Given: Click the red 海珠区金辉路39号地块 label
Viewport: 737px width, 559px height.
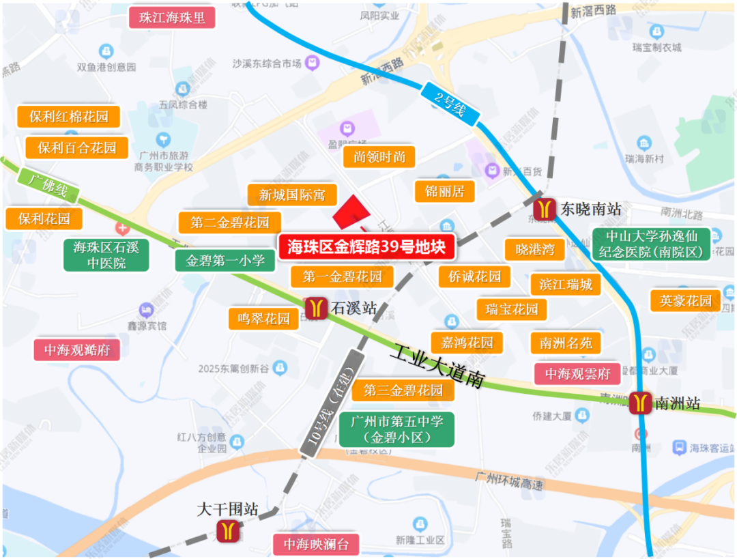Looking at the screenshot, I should click(x=366, y=247).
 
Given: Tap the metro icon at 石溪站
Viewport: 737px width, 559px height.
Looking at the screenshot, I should click(x=316, y=308).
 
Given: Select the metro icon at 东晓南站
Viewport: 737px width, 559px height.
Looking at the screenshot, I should click(x=545, y=208).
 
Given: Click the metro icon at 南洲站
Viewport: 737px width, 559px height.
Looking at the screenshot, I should click(x=641, y=403).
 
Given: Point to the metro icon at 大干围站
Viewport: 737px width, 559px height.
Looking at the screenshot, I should click(x=228, y=530).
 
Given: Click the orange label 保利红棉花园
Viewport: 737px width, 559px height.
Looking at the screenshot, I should click(x=69, y=116).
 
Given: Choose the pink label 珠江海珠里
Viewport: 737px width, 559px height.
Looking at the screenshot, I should click(x=172, y=18).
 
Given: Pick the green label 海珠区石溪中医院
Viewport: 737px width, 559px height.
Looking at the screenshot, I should click(x=106, y=254).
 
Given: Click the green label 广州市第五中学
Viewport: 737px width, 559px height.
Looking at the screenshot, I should click(x=396, y=429).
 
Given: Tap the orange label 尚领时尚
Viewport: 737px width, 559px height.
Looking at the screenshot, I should click(x=379, y=157).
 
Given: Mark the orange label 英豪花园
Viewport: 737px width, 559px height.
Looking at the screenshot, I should click(x=686, y=300).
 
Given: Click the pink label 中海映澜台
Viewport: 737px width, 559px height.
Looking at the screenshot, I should click(x=316, y=545).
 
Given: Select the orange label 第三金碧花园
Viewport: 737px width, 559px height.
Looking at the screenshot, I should click(x=403, y=390).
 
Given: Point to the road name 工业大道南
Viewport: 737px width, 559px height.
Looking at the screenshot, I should click(x=437, y=367).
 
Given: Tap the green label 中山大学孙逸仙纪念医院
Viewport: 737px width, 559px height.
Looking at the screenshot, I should click(x=652, y=244).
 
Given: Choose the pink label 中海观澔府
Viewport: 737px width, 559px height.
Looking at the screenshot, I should click(x=77, y=350).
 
